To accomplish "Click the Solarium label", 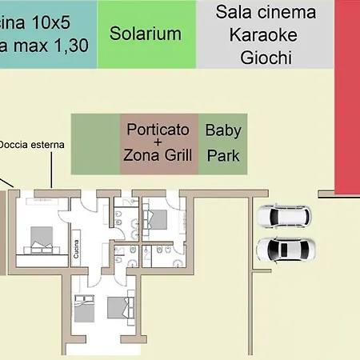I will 146,34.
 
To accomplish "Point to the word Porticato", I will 158,129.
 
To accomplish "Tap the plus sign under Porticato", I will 158,142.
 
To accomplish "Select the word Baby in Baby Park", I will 223,130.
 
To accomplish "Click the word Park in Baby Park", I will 223,155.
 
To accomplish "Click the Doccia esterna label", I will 32,145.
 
